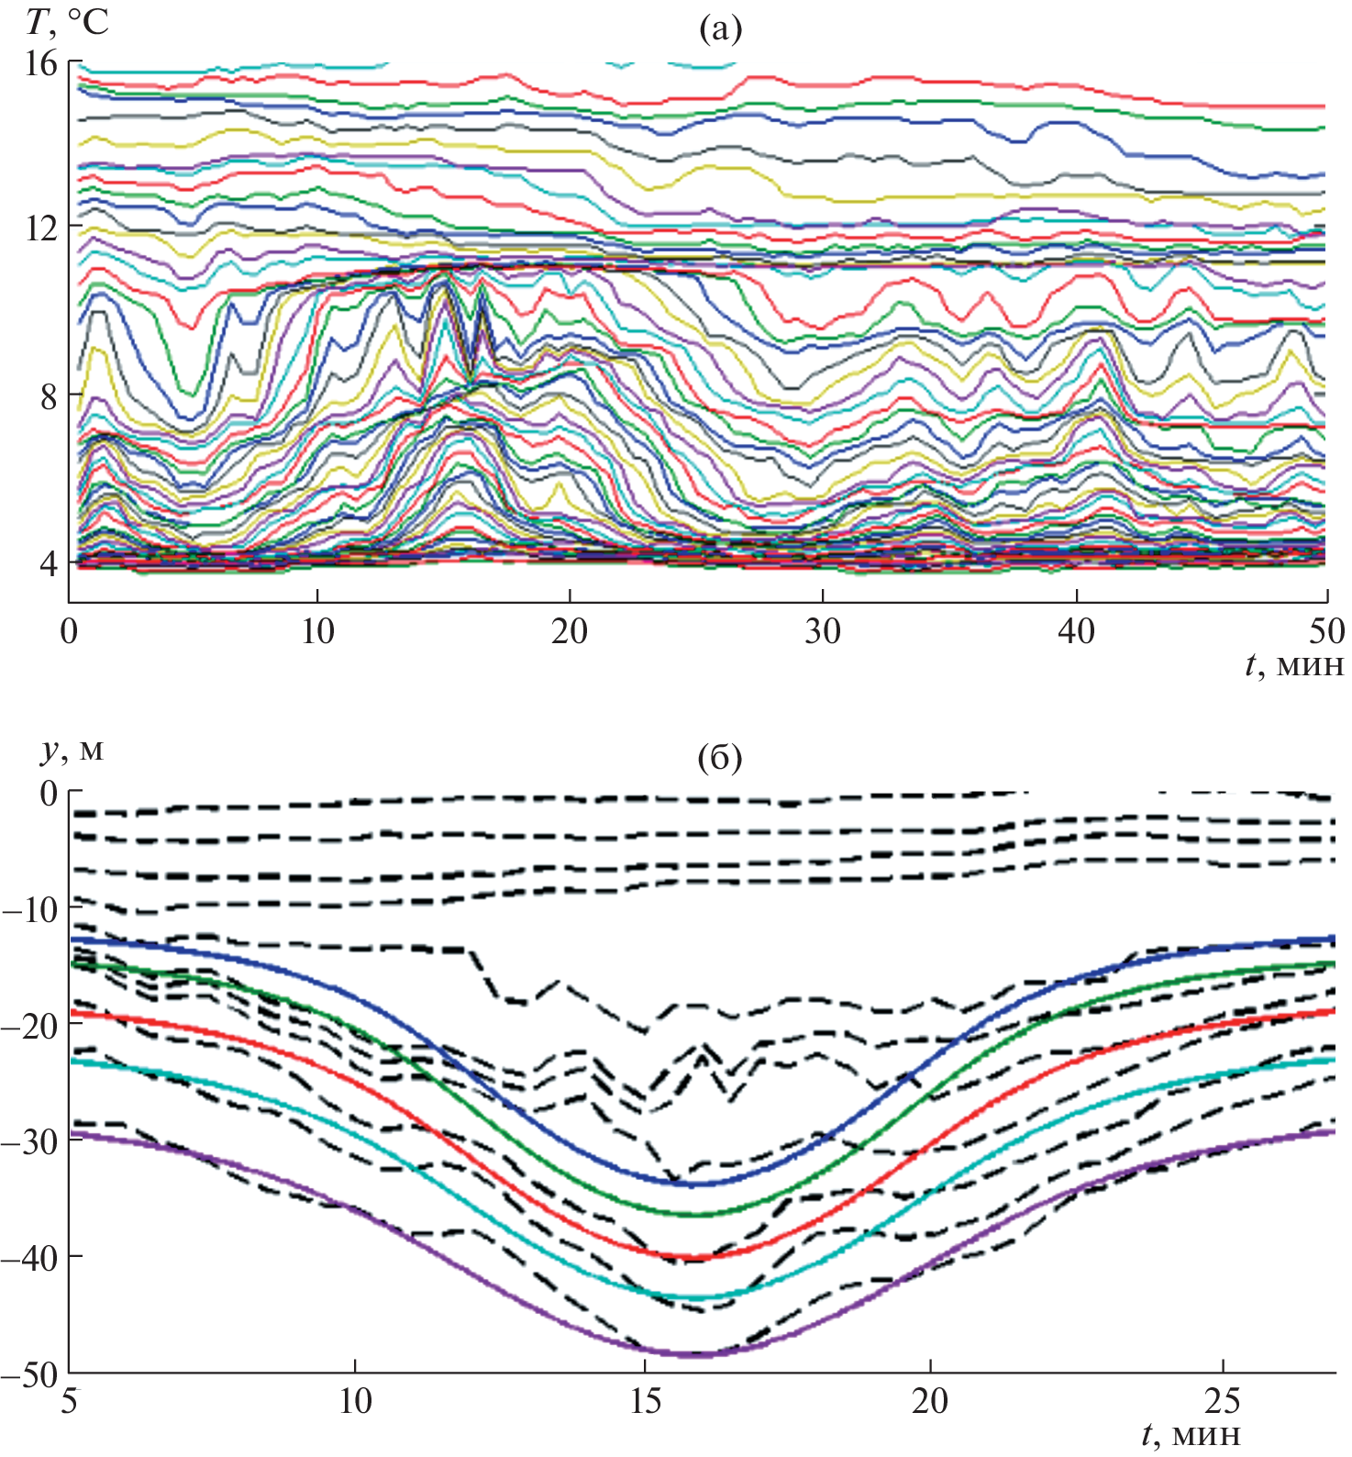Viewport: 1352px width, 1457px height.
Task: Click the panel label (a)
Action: (x=719, y=29)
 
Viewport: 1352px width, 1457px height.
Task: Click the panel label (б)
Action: (x=719, y=758)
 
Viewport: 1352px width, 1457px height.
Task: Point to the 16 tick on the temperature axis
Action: (x=40, y=63)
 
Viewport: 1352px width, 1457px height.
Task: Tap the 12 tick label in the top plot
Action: (x=40, y=228)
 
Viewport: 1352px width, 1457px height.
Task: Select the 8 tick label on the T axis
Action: (x=46, y=396)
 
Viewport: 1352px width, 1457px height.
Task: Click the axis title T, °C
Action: (x=66, y=22)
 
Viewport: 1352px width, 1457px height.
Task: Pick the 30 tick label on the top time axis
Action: (x=823, y=631)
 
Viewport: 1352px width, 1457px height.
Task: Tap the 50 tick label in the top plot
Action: (x=1326, y=631)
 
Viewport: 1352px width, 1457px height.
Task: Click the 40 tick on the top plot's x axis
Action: (x=1076, y=631)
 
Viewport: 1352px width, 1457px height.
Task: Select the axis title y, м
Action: (x=72, y=750)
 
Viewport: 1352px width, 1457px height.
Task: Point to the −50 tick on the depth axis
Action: (x=31, y=1374)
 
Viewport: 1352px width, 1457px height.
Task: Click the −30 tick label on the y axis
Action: (x=31, y=1141)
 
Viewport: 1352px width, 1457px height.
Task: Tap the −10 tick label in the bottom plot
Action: (x=31, y=908)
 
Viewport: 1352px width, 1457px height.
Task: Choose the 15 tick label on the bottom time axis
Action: (x=646, y=1402)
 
